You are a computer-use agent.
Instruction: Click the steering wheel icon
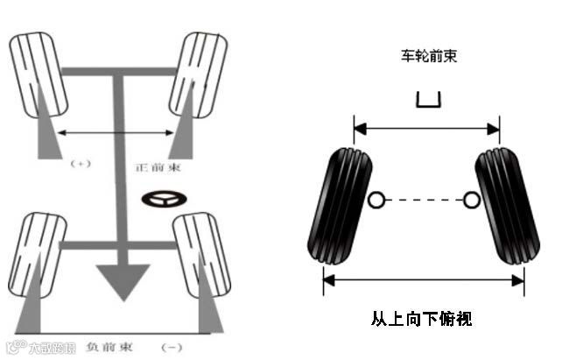tap(163, 200)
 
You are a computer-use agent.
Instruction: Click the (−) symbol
tap(172, 347)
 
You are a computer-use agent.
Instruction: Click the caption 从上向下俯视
tap(421, 318)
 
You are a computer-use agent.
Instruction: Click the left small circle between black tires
tap(376, 201)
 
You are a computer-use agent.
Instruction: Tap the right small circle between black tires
tap(470, 201)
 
